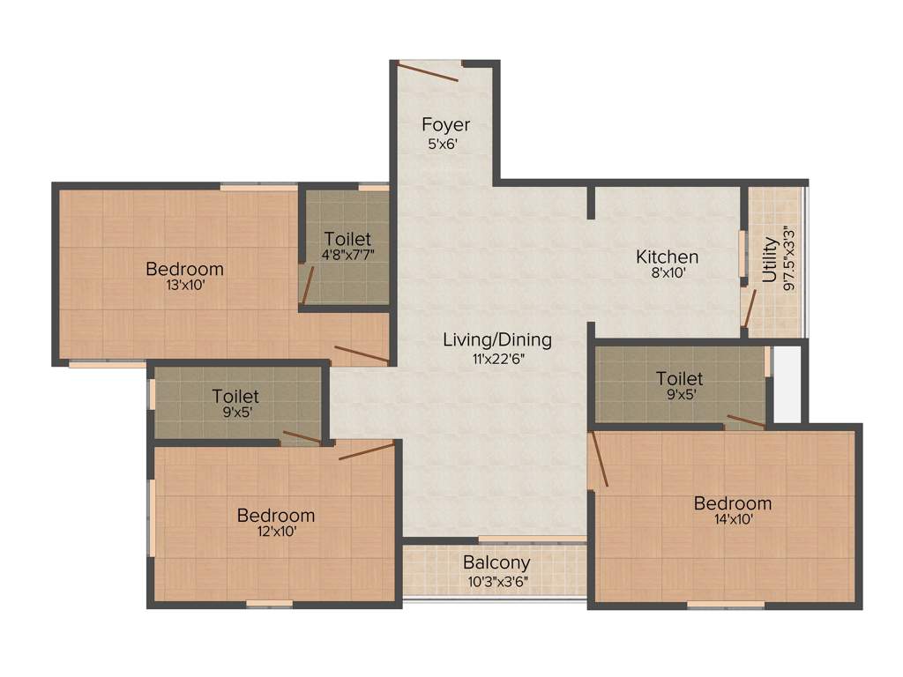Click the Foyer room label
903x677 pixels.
(x=445, y=124)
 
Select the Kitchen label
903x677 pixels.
(x=668, y=257)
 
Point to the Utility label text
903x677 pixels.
(x=770, y=259)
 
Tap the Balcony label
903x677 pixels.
(x=496, y=562)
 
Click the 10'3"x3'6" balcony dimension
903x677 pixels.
(x=496, y=581)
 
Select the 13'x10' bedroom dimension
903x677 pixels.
(x=184, y=286)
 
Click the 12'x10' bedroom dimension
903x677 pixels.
(x=275, y=532)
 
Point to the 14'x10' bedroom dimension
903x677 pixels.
(x=732, y=520)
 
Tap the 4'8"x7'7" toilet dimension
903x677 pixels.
(x=347, y=256)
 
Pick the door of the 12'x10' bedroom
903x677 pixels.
(x=365, y=451)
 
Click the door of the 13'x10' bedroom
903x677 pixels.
(x=362, y=355)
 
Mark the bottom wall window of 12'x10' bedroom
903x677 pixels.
(x=269, y=604)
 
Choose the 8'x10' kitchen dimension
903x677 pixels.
(x=668, y=274)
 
